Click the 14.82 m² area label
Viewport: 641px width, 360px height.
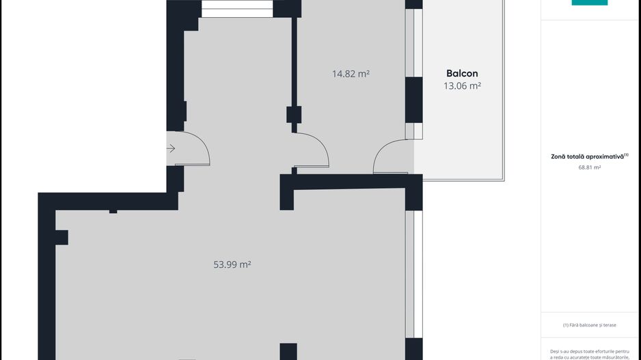coord(351,74)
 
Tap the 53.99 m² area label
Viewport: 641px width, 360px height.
coord(232,264)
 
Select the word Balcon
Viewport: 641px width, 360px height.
coord(462,74)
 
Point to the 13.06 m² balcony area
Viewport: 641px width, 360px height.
coord(462,86)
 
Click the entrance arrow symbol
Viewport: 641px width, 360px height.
coord(171,148)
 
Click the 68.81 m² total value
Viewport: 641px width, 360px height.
coord(590,167)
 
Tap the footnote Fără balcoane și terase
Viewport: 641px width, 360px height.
coord(590,325)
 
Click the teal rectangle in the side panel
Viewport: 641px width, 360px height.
coord(590,3)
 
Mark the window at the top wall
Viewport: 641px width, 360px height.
coord(237,9)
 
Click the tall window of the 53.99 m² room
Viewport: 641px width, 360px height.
coord(413,274)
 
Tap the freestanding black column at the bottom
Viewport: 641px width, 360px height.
coord(288,351)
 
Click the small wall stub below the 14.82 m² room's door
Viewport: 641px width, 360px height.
coord(295,170)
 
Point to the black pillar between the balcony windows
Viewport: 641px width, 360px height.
coord(413,100)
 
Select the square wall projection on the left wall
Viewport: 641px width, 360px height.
coord(62,238)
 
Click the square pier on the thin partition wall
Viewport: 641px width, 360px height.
coord(294,114)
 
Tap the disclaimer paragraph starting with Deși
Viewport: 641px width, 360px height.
coord(590,355)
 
